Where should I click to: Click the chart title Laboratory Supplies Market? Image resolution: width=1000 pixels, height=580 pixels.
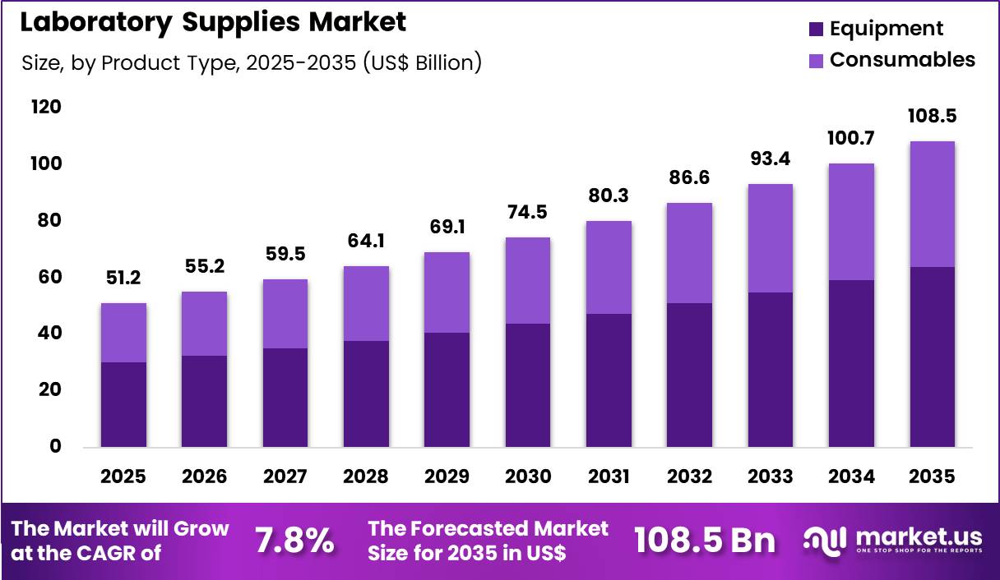click(213, 23)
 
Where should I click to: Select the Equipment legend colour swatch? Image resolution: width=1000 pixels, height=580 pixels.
click(816, 29)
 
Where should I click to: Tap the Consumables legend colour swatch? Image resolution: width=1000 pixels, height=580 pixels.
click(816, 60)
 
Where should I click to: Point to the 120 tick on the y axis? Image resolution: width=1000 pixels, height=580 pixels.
click(46, 108)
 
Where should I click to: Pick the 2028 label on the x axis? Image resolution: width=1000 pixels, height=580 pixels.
click(366, 476)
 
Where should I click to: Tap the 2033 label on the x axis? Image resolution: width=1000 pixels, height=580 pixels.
click(771, 476)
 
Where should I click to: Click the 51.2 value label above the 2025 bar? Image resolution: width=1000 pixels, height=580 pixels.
click(123, 278)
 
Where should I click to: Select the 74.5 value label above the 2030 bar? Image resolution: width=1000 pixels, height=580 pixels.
click(528, 213)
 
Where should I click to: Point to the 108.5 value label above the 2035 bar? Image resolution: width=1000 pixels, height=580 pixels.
click(933, 116)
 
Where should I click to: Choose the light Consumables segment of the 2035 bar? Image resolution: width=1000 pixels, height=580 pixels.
click(933, 204)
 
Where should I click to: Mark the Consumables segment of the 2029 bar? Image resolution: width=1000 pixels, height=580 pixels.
click(447, 292)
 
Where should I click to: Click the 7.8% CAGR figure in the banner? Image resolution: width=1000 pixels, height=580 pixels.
click(294, 541)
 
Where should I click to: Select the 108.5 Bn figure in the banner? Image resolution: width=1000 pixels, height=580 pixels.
click(705, 541)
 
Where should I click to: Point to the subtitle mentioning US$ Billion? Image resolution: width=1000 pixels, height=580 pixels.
click(251, 62)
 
